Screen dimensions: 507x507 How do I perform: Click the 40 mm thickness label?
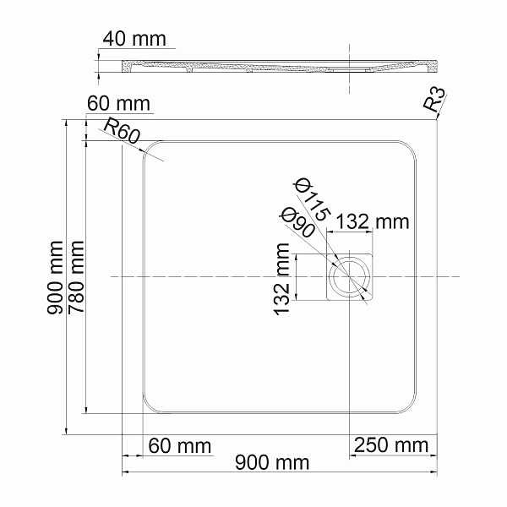(134, 40)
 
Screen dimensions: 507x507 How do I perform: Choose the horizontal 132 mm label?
(373, 222)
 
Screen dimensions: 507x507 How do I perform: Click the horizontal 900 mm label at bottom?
(272, 462)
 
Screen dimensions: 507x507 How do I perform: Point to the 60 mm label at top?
(118, 103)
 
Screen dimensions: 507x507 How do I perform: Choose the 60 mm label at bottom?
(179, 445)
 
